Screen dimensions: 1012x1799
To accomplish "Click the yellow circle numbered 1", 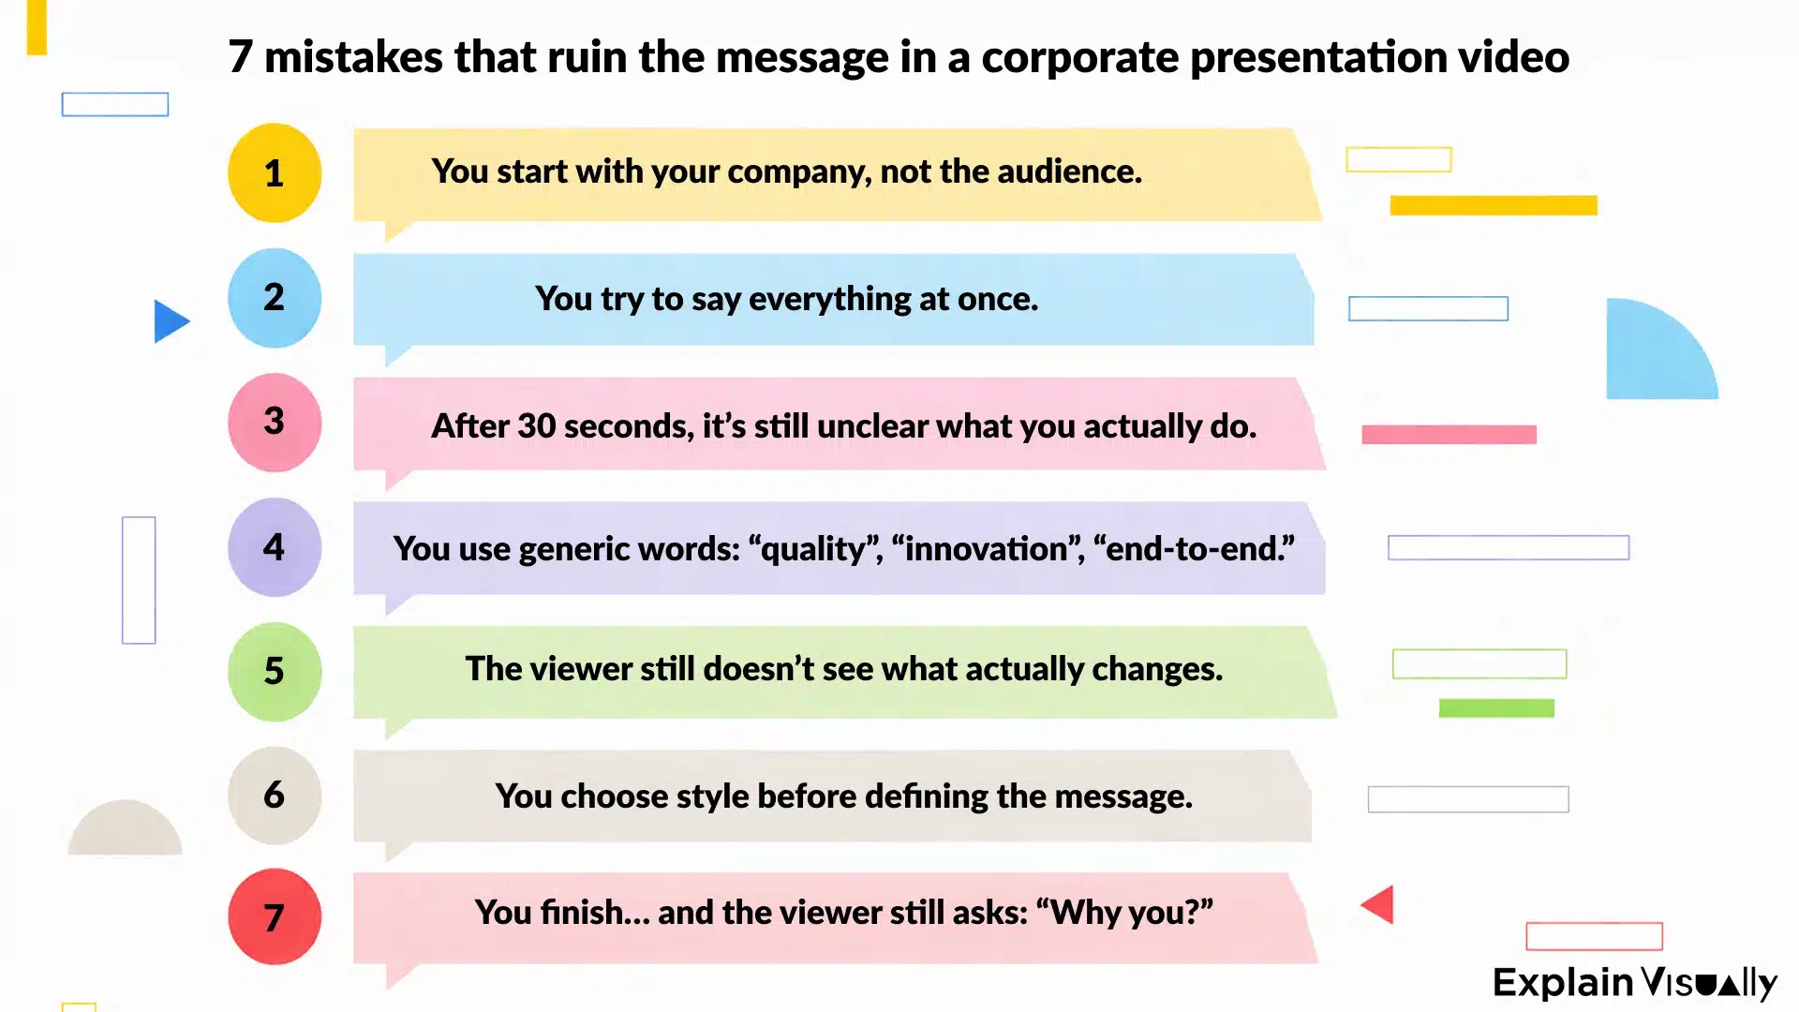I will [275, 173].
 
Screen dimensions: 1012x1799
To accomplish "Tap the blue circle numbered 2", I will [275, 298].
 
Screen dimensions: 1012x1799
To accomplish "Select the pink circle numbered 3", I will [275, 423].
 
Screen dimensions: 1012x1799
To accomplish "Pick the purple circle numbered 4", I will [275, 547].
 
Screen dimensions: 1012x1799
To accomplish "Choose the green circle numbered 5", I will [275, 671].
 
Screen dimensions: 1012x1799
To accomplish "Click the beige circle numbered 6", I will [275, 796].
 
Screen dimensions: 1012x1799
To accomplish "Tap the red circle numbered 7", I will [275, 917].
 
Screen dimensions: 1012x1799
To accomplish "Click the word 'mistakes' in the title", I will [353, 57].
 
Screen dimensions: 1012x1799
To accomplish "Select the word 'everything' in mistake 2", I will [829, 299].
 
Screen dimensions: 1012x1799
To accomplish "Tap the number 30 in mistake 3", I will [537, 426].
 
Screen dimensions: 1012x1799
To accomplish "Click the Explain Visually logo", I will [1634, 982].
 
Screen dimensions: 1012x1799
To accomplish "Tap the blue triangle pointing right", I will [170, 321].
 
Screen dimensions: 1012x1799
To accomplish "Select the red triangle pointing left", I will [1379, 904].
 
